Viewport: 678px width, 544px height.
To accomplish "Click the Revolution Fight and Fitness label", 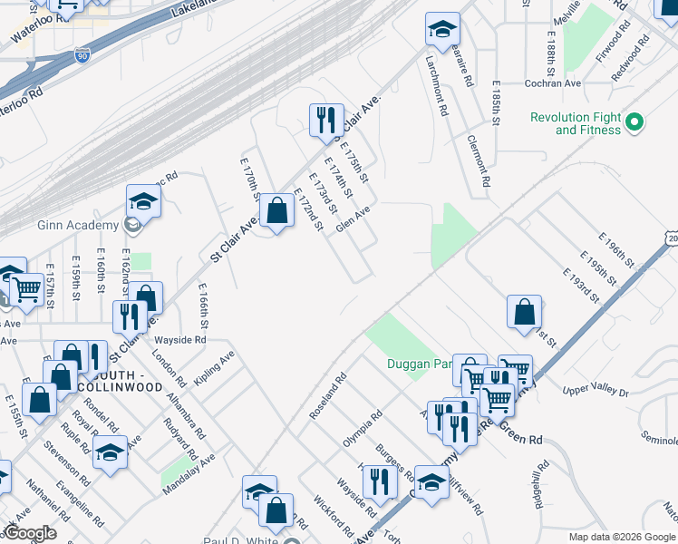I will pyautogui.click(x=576, y=123).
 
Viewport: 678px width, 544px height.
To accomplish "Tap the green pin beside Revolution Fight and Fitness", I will pyautogui.click(x=635, y=121).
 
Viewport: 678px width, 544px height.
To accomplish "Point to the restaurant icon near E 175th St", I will pyautogui.click(x=324, y=121).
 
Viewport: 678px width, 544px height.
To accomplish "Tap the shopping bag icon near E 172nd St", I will pyautogui.click(x=276, y=212).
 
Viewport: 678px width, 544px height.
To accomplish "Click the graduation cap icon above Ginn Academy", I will pyautogui.click(x=143, y=200).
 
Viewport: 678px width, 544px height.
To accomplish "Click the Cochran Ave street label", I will pyautogui.click(x=553, y=83).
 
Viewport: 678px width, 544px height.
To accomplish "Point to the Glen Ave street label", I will pyautogui.click(x=353, y=219).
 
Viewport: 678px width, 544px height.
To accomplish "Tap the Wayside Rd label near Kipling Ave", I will pyautogui.click(x=180, y=340).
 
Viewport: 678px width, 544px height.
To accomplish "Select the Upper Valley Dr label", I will pyautogui.click(x=596, y=390).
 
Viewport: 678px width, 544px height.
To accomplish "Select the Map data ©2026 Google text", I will pyautogui.click(x=622, y=537).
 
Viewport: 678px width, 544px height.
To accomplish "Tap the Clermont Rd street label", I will pyautogui.click(x=479, y=160).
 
